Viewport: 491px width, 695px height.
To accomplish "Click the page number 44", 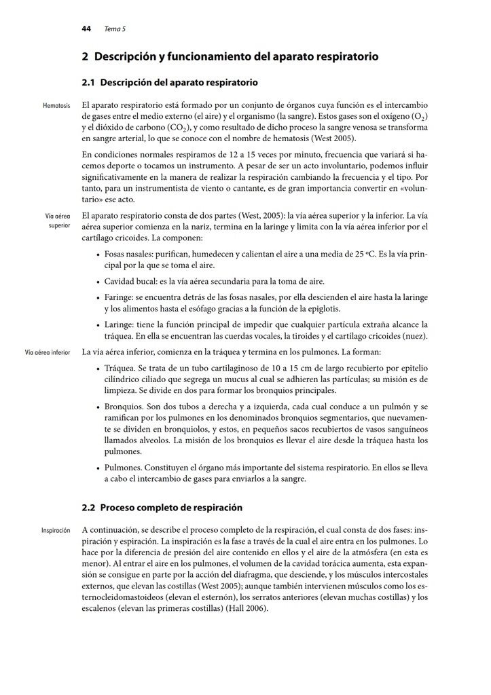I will coord(86,29).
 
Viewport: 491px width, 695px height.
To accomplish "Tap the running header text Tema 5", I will coord(115,29).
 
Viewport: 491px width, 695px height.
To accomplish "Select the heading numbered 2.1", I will coord(170,83).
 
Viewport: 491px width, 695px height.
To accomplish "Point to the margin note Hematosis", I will coord(57,107).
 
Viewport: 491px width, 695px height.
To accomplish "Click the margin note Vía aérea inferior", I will coord(48,353).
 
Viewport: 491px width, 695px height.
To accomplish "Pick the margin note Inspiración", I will coord(56,530).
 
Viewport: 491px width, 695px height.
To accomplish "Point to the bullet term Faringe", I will coord(118,297).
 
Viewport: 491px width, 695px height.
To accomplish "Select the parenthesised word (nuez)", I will coord(415,335).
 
